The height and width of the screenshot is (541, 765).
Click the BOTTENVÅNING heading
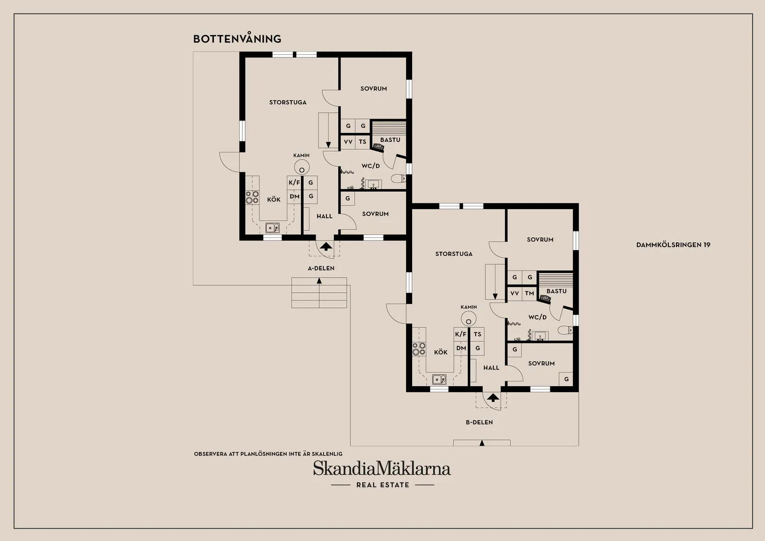point(237,39)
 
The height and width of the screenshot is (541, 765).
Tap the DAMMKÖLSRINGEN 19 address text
point(673,245)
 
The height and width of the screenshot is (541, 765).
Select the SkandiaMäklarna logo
point(382,468)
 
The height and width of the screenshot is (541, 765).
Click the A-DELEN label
point(321,268)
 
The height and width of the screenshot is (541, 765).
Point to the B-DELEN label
point(479,422)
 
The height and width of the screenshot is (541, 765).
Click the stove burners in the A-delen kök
point(252,197)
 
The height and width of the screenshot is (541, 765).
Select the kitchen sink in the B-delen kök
point(439,379)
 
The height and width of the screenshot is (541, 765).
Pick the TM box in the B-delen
point(529,293)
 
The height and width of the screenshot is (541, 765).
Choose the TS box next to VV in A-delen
point(363,142)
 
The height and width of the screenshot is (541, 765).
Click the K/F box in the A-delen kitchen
point(294,183)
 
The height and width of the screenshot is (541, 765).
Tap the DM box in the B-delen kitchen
point(461,348)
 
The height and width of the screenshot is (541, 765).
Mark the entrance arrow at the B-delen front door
point(493,397)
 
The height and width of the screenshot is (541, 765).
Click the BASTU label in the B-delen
point(556,291)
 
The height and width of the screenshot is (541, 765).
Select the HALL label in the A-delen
point(325,216)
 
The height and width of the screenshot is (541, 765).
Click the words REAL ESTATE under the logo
point(382,485)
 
